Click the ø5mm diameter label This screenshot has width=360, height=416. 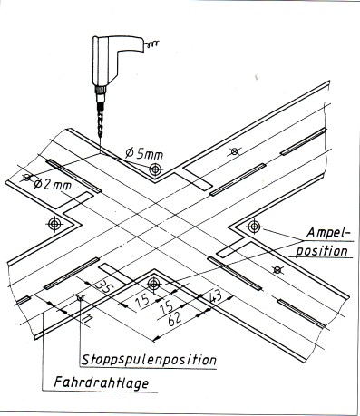tap(144, 154)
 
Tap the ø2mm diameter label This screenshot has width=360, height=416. tap(53, 184)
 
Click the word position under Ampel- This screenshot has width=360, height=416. tap(322, 251)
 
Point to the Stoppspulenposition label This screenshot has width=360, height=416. tap(149, 360)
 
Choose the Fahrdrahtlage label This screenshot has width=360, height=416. tap(102, 382)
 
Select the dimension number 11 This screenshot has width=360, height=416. tap(87, 320)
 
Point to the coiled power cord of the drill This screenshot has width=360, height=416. tap(151, 44)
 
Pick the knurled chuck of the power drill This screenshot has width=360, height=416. tap(101, 90)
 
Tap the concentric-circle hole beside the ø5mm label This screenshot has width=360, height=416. tap(155, 169)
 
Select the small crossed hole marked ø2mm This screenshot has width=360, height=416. tap(27, 178)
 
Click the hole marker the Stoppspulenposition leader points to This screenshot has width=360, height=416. tap(80, 298)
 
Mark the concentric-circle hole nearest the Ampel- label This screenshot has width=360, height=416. tap(254, 226)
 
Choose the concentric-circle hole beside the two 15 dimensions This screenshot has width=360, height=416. tap(154, 284)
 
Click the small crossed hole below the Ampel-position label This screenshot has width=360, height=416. tap(277, 270)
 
